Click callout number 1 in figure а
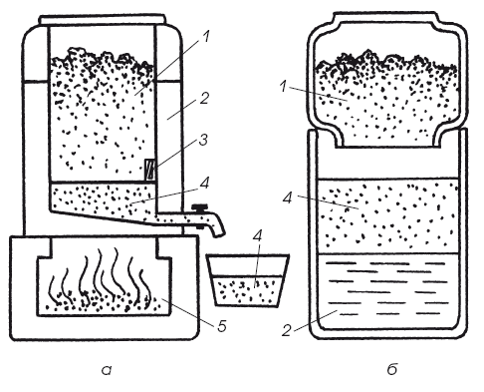(x=206, y=37)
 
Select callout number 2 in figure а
(x=203, y=99)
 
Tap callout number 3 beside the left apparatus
(x=203, y=140)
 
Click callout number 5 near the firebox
(x=221, y=326)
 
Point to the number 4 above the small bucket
(x=257, y=235)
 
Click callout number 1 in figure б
(x=283, y=87)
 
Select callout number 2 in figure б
(x=286, y=331)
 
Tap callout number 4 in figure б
(x=288, y=198)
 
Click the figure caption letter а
(x=107, y=370)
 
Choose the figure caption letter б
(x=392, y=369)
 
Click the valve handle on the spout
(x=200, y=208)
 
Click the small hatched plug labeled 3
(x=150, y=170)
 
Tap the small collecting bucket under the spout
(x=248, y=280)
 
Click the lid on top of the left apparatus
(x=102, y=20)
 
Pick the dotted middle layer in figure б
(x=387, y=216)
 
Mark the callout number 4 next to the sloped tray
(x=204, y=183)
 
